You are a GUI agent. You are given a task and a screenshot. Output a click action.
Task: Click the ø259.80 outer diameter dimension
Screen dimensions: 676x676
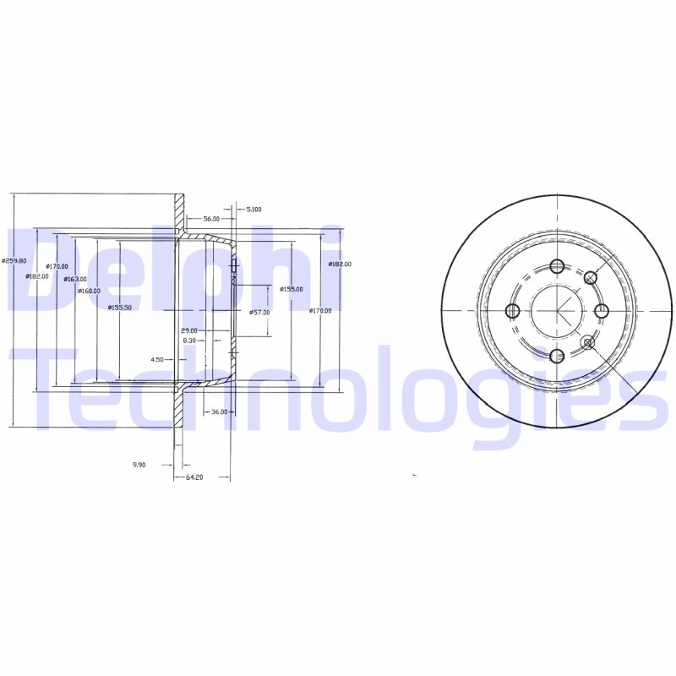tap(14, 260)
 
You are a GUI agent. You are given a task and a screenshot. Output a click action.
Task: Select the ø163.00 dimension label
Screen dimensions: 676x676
tap(75, 279)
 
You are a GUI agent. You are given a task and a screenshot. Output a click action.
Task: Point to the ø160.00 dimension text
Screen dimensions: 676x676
tap(89, 291)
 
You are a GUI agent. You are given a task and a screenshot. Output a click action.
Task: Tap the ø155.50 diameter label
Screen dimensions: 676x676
tap(120, 307)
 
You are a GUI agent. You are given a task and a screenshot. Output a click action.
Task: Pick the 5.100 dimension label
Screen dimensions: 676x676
tap(253, 209)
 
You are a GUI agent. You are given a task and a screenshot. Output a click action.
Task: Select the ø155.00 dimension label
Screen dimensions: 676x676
tap(292, 289)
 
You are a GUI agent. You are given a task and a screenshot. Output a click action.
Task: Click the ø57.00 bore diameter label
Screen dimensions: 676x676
tap(259, 312)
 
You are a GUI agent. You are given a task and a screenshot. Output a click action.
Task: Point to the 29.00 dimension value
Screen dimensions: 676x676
tap(188, 330)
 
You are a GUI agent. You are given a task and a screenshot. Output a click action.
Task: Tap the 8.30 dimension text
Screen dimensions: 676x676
tap(189, 340)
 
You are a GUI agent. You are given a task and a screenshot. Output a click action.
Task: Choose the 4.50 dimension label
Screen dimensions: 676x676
tap(157, 359)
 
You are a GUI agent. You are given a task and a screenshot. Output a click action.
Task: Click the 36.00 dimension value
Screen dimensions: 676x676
tap(218, 412)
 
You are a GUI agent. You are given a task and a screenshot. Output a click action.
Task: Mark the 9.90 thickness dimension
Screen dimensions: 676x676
tap(139, 465)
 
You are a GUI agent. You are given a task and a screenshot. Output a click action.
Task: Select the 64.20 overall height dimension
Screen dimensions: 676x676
tap(194, 477)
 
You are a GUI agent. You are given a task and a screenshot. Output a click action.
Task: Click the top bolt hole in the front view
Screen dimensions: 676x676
tap(556, 267)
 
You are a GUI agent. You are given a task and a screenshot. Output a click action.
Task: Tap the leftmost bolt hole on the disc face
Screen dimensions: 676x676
tap(511, 311)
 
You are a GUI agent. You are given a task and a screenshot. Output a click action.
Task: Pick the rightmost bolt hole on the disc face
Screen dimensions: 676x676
tap(602, 311)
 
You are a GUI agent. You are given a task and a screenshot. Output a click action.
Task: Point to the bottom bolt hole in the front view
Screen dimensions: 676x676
tap(556, 356)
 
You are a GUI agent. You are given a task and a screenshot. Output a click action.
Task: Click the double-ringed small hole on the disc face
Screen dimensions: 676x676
tap(589, 342)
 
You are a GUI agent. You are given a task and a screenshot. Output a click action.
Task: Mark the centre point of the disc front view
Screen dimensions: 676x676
tap(556, 311)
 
